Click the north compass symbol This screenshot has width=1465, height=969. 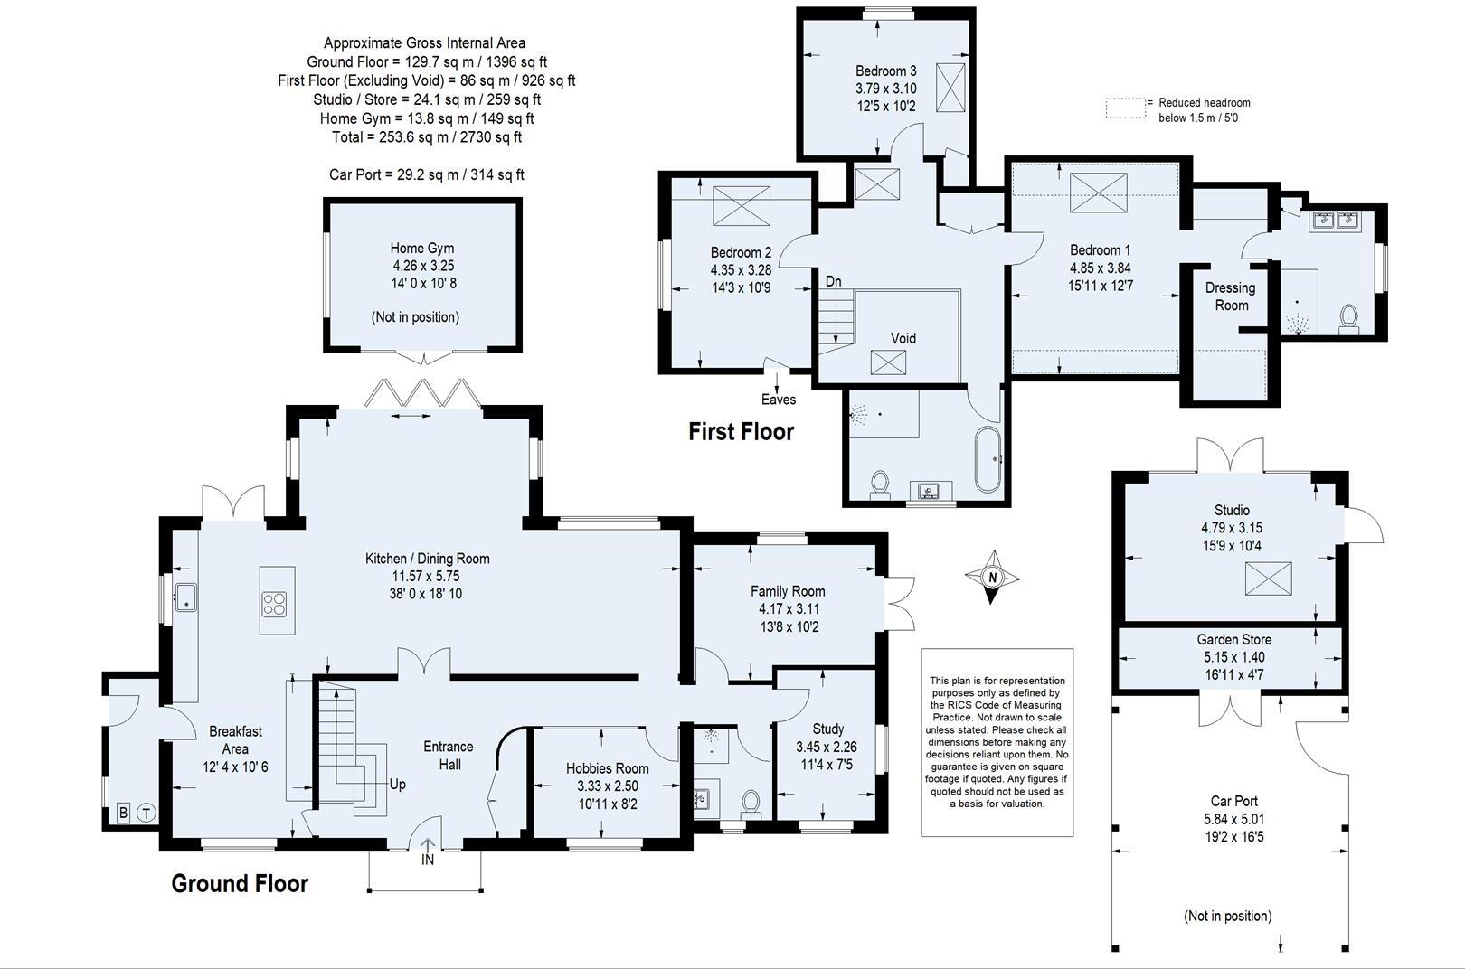(992, 577)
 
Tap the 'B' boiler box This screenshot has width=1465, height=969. (123, 814)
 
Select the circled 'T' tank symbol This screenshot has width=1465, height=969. (146, 814)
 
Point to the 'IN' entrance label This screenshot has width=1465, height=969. (428, 860)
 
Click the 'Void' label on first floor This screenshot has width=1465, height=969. (903, 338)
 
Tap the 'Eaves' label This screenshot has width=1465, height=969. (778, 400)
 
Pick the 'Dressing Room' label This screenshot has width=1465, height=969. (1230, 296)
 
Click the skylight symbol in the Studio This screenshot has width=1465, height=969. (1268, 579)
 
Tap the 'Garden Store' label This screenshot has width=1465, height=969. (1233, 639)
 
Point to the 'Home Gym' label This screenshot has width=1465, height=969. (422, 248)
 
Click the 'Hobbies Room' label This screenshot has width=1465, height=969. (607, 768)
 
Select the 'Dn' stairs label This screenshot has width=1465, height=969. (833, 281)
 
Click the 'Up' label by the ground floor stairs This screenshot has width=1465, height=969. (397, 785)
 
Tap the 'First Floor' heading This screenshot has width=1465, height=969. (741, 432)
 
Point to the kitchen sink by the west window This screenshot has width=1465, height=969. (186, 596)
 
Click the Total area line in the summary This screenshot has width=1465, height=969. (426, 137)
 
